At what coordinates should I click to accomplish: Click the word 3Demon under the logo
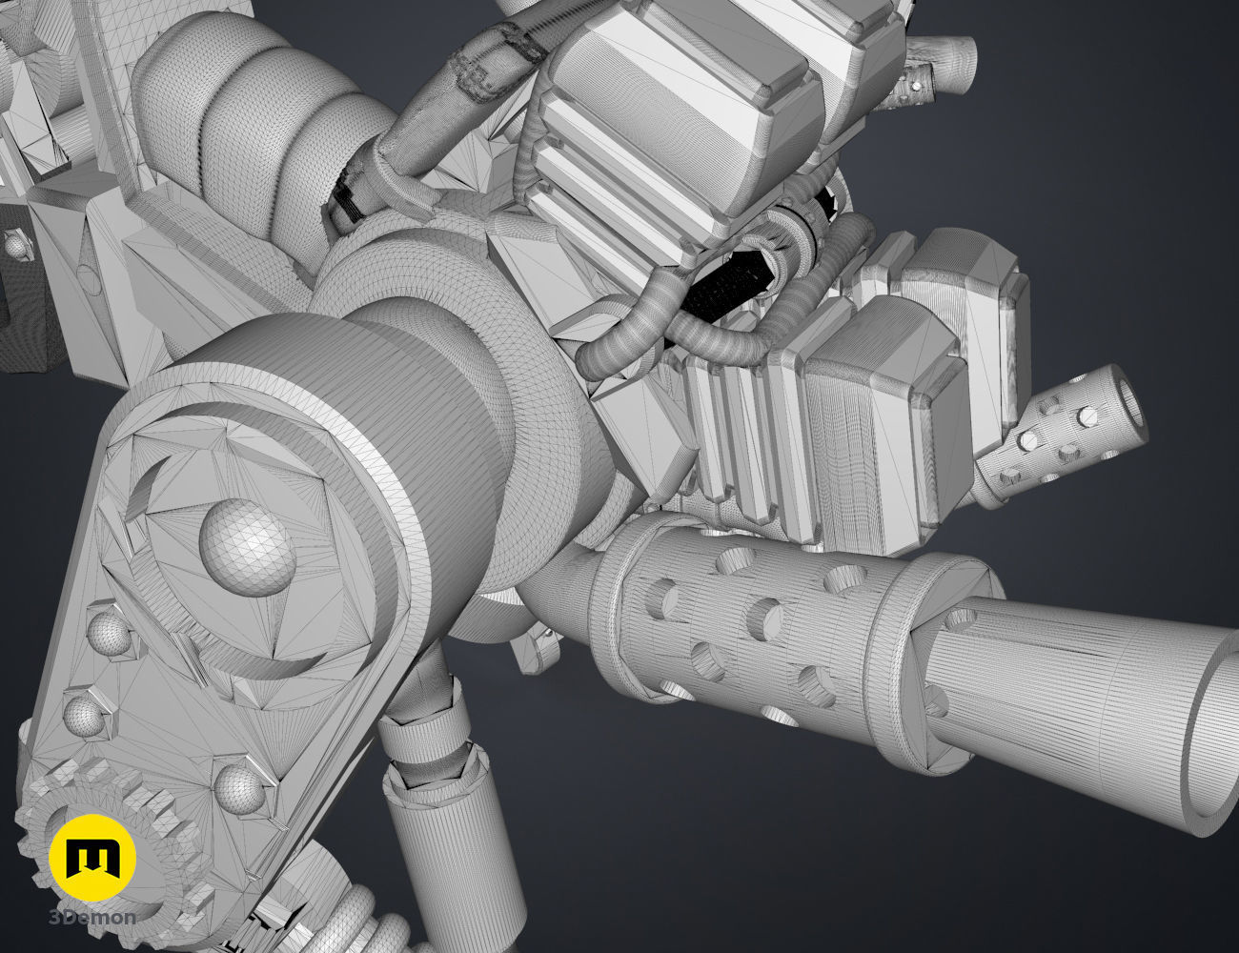point(92,918)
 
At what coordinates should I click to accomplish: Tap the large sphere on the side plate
point(247,548)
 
